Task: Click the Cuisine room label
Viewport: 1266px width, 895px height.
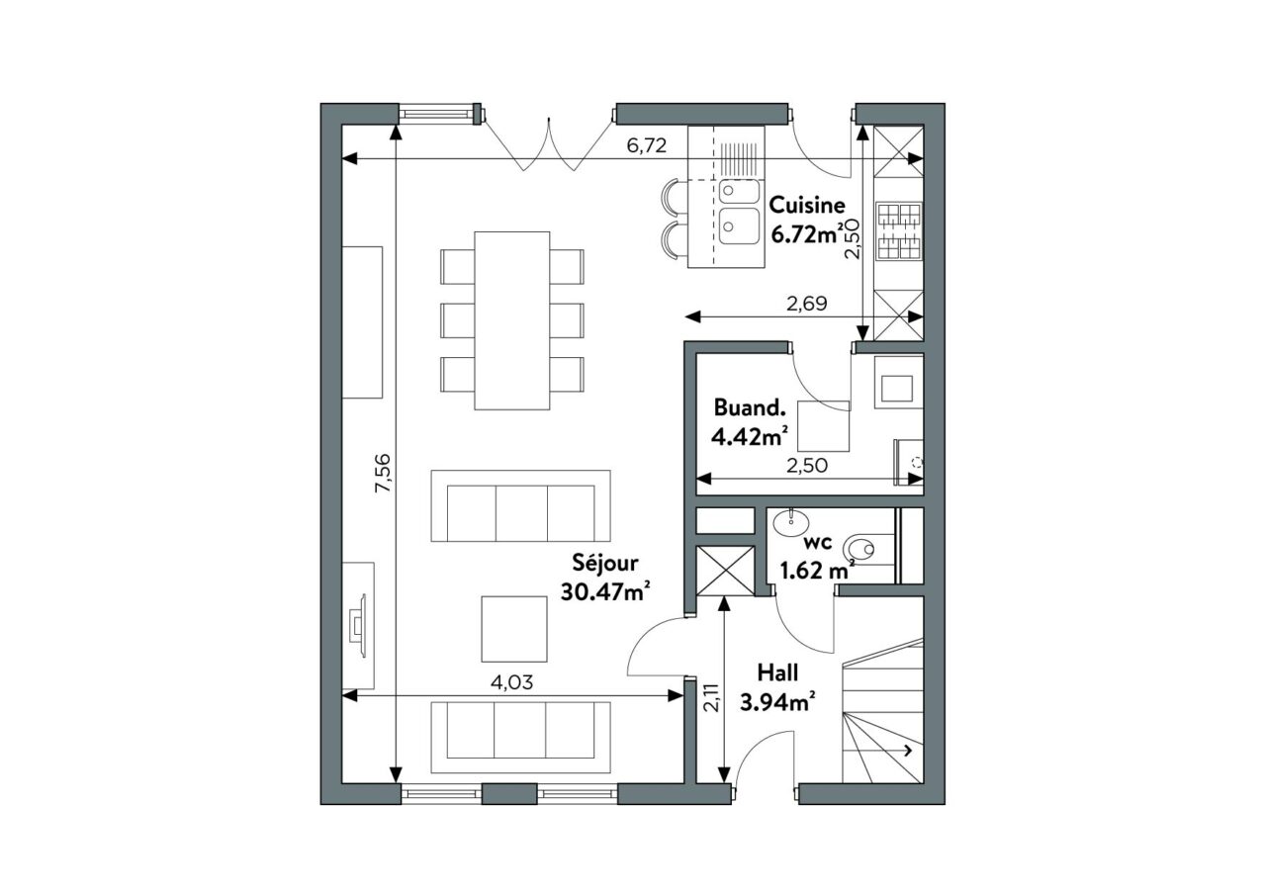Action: click(807, 205)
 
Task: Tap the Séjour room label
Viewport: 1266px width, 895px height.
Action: click(604, 564)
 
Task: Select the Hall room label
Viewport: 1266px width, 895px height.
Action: click(777, 672)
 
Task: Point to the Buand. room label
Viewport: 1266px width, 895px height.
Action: click(750, 407)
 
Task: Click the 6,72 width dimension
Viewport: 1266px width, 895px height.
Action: click(647, 145)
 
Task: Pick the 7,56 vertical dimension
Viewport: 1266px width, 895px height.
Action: click(383, 473)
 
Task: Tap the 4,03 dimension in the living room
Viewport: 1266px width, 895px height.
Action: click(512, 682)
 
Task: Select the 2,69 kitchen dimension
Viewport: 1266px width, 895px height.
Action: click(807, 304)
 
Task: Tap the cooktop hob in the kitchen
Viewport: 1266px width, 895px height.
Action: click(899, 231)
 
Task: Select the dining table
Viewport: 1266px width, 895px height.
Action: click(512, 320)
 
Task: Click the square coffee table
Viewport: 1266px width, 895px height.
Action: click(513, 628)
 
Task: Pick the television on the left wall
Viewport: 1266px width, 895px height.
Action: click(358, 625)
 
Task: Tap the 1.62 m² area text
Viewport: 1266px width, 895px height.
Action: click(817, 571)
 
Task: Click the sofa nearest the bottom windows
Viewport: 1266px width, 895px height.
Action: click(520, 738)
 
